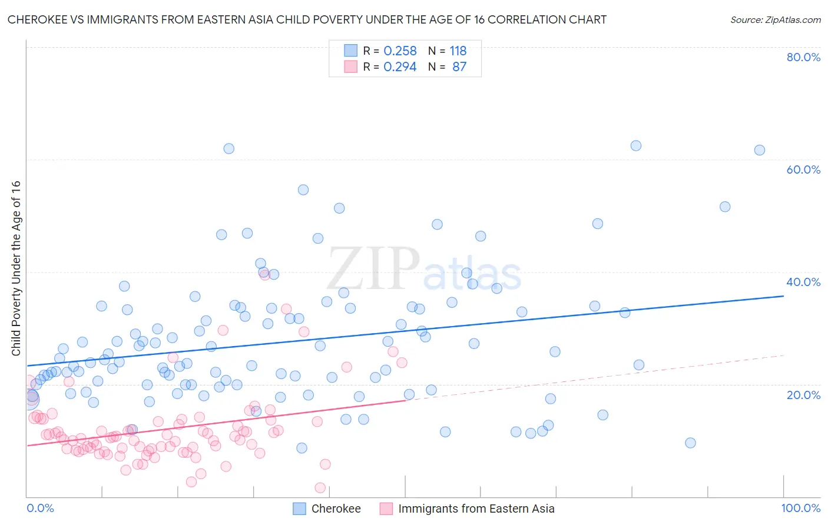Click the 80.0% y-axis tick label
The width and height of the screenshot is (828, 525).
tap(803, 57)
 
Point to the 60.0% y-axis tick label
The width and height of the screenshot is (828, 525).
tap(803, 170)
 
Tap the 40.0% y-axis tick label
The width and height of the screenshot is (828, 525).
tap(803, 282)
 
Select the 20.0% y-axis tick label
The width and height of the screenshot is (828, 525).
tap(803, 395)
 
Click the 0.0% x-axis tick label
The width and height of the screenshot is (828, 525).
tap(40, 509)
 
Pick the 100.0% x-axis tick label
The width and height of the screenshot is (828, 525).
tap(800, 509)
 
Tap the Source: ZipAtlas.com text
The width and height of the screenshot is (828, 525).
tap(775, 20)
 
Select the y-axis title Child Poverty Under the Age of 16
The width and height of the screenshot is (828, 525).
tap(16, 268)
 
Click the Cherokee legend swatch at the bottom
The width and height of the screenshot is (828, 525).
tap(299, 509)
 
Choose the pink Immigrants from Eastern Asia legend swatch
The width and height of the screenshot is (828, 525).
tap(386, 509)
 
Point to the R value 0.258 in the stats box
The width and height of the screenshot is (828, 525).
tap(400, 51)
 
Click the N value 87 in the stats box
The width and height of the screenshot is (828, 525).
tap(459, 67)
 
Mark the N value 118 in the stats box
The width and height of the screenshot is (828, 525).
tap(458, 51)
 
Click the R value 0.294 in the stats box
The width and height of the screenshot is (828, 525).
tap(400, 67)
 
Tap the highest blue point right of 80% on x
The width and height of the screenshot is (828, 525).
tap(636, 146)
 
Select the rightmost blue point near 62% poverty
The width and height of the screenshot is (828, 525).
tap(760, 150)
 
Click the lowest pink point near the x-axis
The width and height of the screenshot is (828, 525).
tap(320, 487)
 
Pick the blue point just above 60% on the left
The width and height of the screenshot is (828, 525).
tap(229, 148)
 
